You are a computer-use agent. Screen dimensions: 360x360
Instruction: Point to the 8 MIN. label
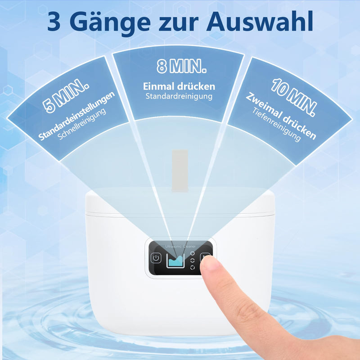click(x=182, y=67)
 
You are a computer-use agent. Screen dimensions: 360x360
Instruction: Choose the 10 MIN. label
click(x=295, y=95)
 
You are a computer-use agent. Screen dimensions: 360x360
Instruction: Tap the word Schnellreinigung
click(x=82, y=125)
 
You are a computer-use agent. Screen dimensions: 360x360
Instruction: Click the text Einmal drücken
click(x=179, y=86)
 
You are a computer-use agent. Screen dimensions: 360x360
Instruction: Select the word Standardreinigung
click(x=179, y=96)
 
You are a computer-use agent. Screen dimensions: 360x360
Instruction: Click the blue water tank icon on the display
click(x=176, y=260)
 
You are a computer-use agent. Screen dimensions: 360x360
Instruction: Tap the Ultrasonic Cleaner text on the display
click(x=181, y=246)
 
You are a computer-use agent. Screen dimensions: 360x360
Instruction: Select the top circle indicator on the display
click(x=193, y=254)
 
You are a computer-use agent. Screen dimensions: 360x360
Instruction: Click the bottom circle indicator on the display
click(x=193, y=267)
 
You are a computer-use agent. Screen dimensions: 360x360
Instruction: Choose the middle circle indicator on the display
click(x=193, y=261)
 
